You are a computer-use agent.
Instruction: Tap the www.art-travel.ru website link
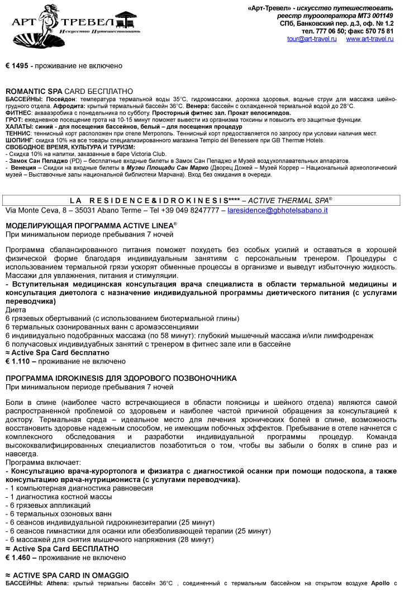pos(370,39)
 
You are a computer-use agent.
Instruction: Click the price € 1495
pos(17,66)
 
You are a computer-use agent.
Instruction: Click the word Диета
pos(15,310)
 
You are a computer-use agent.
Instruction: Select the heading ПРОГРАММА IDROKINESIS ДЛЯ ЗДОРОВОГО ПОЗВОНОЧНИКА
pos(121,379)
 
